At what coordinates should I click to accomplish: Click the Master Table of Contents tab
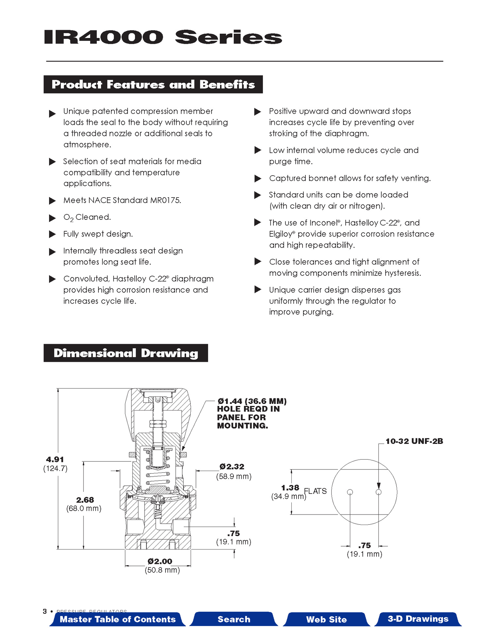click(118, 619)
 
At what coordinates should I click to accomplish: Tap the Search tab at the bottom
click(234, 619)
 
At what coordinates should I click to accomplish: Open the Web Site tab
click(326, 619)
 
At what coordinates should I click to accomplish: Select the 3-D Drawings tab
click(418, 619)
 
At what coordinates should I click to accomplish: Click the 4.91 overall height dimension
click(55, 460)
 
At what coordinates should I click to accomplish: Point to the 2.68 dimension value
click(85, 500)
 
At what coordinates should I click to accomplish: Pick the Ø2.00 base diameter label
click(160, 561)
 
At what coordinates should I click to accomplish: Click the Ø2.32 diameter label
click(232, 467)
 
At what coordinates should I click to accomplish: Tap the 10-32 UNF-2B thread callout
click(414, 441)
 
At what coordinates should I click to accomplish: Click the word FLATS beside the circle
click(315, 491)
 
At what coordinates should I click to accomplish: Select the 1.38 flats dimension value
click(290, 488)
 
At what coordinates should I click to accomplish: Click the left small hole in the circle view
click(350, 492)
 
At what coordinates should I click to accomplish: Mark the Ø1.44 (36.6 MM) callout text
click(252, 401)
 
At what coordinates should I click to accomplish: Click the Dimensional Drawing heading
click(126, 353)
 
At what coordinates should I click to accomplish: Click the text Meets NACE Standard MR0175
click(122, 200)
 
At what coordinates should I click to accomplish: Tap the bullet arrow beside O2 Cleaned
click(52, 218)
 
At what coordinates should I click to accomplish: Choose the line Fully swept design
click(98, 234)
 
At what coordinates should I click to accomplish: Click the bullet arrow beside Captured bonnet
click(258, 179)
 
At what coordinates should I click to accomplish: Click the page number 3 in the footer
click(45, 611)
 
